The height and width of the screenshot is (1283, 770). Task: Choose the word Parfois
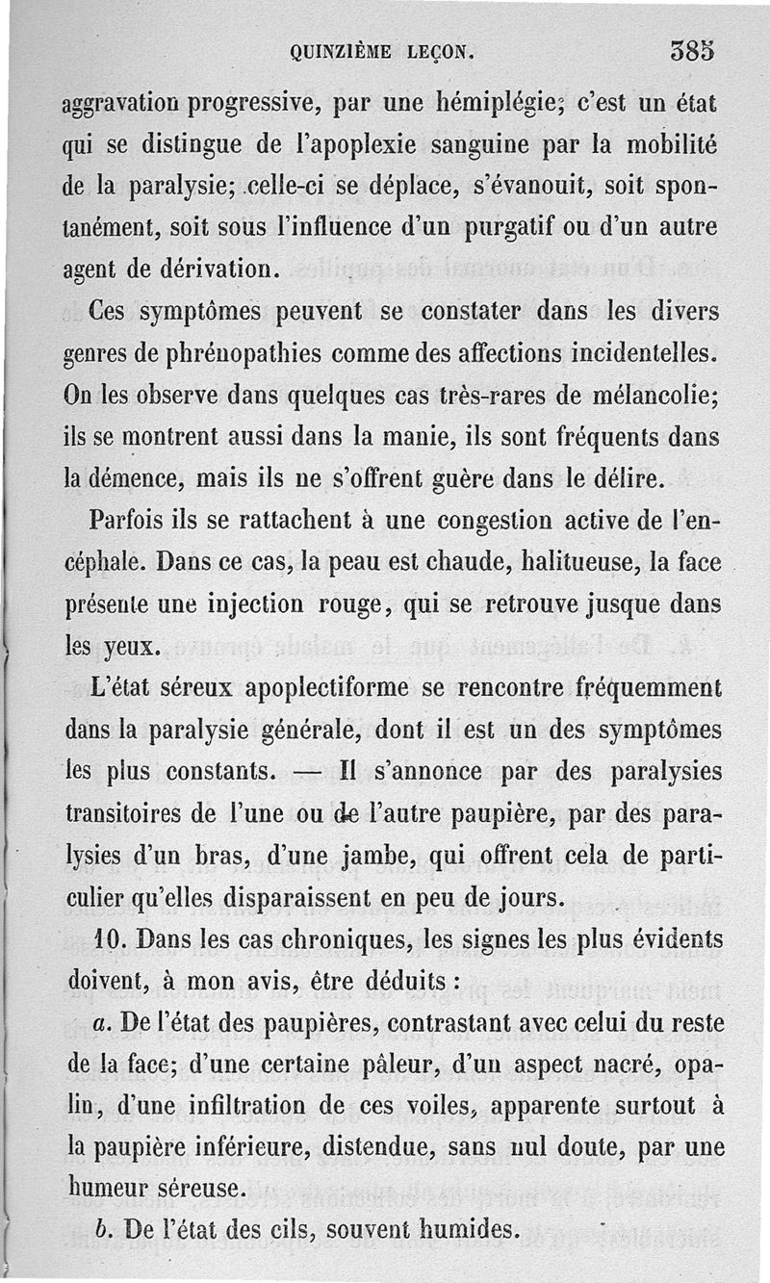point(131,521)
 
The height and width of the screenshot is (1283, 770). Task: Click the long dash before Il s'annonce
point(308,773)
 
